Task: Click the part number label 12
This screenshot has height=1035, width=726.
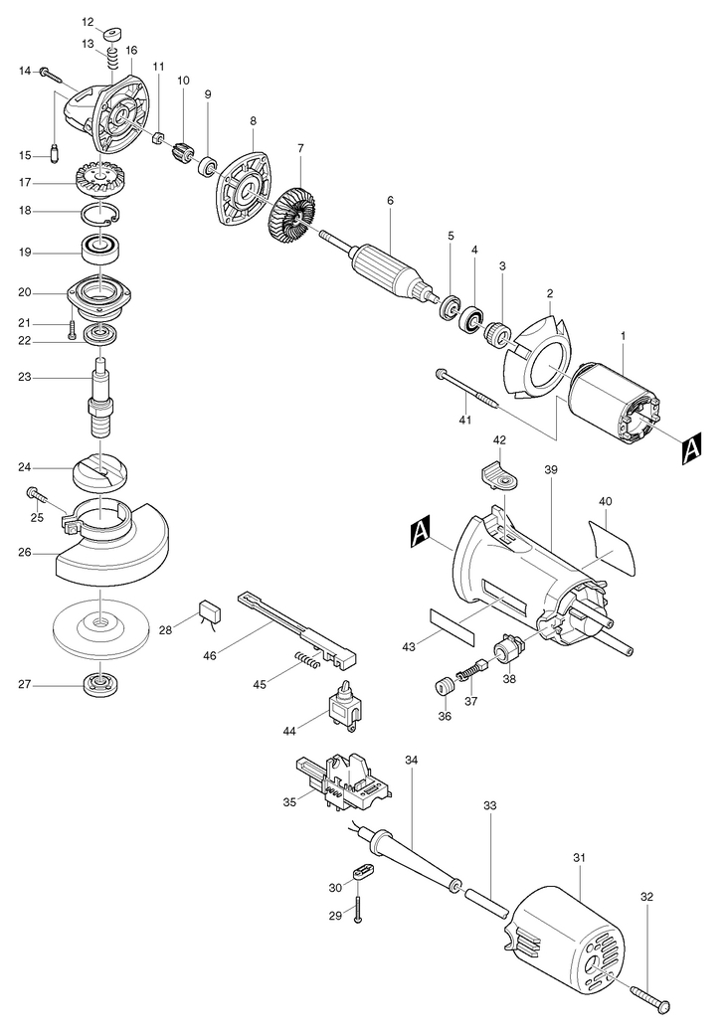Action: (x=88, y=22)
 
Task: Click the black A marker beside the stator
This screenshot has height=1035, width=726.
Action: (x=690, y=448)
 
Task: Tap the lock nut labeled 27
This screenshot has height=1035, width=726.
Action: (x=100, y=684)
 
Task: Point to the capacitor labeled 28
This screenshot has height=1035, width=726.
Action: (x=209, y=610)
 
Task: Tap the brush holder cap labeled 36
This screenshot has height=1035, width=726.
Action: (x=446, y=686)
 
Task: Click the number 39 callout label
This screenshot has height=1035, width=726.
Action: (x=551, y=469)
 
